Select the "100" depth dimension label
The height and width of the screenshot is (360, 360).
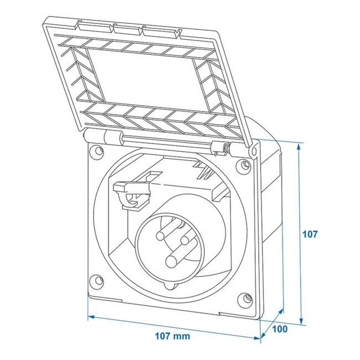(x=280, y=329)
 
